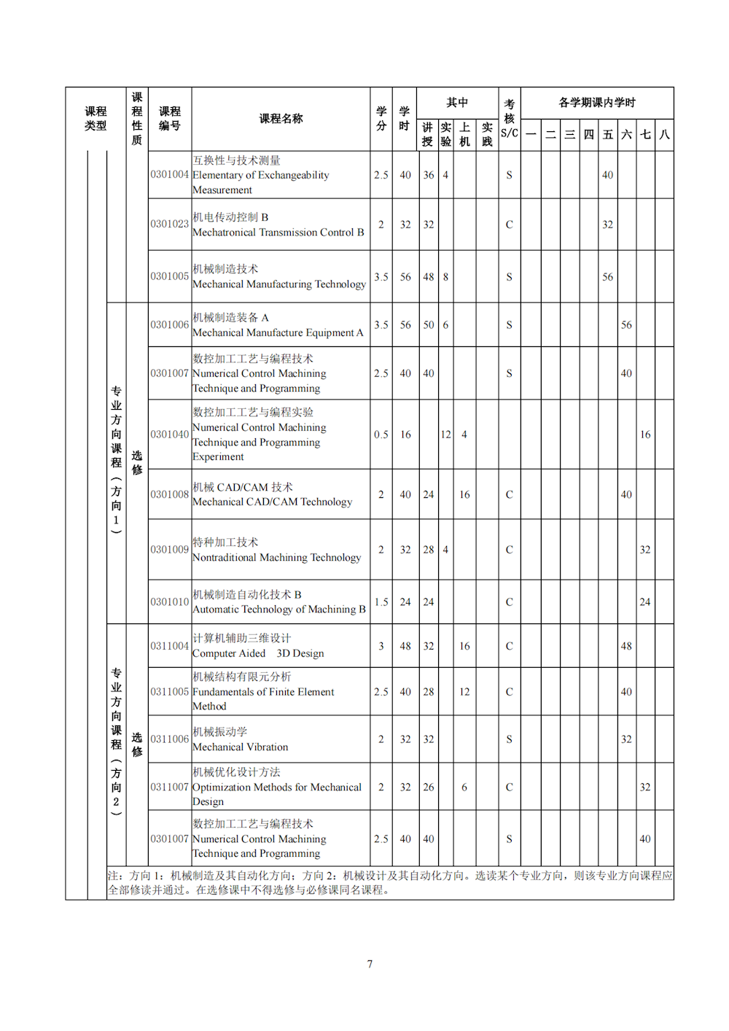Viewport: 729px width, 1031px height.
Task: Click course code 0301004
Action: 169,175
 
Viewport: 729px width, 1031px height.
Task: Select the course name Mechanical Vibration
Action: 241,747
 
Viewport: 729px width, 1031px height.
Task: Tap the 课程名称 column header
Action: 281,119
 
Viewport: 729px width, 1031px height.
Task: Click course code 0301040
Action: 169,435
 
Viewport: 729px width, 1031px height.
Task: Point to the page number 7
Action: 370,964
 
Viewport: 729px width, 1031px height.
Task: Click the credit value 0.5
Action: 381,435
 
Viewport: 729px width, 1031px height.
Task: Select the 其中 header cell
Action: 457,103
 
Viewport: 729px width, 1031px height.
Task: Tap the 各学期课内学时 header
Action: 596,103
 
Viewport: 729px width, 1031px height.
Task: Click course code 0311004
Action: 169,646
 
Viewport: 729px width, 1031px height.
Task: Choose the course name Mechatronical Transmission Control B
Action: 278,232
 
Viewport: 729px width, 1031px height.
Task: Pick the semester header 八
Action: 664,135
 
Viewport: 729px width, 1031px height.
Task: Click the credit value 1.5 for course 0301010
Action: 381,602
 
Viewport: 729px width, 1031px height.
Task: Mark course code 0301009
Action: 169,550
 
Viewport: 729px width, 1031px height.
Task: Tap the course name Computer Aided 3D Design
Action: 258,653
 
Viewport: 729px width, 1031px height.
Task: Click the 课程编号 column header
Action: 170,119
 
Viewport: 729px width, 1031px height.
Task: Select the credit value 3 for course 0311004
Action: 381,646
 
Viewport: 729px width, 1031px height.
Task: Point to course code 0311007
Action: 169,787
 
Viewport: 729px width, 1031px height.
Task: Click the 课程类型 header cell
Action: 95,119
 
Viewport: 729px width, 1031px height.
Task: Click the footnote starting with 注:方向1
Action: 390,882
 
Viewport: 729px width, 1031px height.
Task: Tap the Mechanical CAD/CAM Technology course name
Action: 272,502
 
